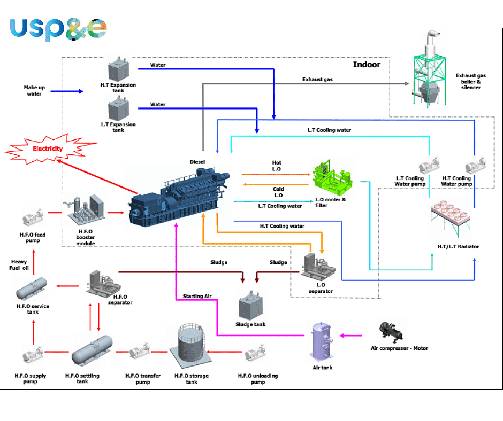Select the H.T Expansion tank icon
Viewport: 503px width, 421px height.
[x=118, y=70]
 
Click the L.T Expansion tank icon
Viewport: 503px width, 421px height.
[x=118, y=110]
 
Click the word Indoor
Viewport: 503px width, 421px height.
[x=367, y=65]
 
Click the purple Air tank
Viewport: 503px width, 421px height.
[x=323, y=342]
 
